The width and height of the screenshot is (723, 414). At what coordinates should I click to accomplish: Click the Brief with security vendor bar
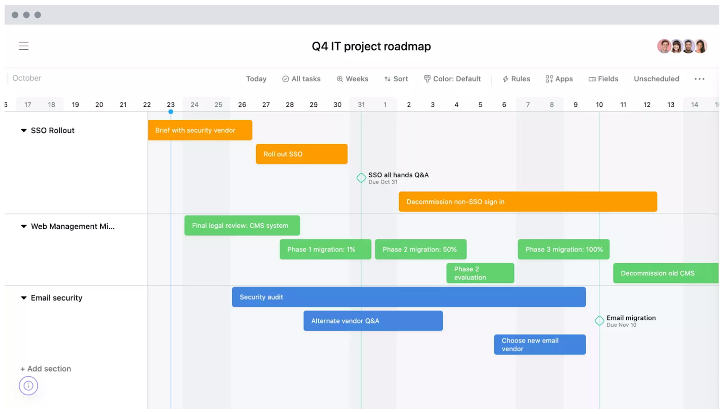[x=200, y=130]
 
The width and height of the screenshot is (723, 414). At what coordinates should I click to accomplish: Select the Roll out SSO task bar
[x=301, y=154]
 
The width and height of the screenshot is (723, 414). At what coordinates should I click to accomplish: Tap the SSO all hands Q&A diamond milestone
[x=361, y=178]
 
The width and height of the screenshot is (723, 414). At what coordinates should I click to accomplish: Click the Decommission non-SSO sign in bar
[x=528, y=202]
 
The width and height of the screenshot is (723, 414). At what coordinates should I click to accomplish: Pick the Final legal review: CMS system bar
[x=242, y=226]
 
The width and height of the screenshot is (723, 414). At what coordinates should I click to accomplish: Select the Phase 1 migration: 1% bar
[x=325, y=249]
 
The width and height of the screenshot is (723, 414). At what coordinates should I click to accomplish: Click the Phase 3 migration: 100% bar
[x=563, y=249]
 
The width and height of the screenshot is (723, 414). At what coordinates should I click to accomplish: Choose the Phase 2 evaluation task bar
[x=480, y=273]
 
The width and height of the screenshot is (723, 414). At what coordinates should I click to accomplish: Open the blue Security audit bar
[x=408, y=297]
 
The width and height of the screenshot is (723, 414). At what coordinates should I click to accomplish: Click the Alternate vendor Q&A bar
[x=373, y=321]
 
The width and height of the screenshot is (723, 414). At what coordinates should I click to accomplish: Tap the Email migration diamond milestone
[x=599, y=321]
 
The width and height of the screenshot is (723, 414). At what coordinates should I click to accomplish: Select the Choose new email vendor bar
[x=540, y=344]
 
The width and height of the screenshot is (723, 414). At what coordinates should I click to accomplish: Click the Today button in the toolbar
[x=256, y=79]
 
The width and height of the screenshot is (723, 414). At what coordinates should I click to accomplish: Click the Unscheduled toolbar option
[x=656, y=79]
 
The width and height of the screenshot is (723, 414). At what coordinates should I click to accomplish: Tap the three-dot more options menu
[x=700, y=79]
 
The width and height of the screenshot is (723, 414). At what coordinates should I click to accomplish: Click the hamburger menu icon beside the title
[x=23, y=46]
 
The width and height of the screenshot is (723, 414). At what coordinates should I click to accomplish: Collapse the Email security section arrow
[x=23, y=298]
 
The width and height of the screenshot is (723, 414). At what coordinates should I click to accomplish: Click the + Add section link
[x=46, y=368]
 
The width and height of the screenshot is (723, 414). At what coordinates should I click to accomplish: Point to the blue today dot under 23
[x=171, y=112]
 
